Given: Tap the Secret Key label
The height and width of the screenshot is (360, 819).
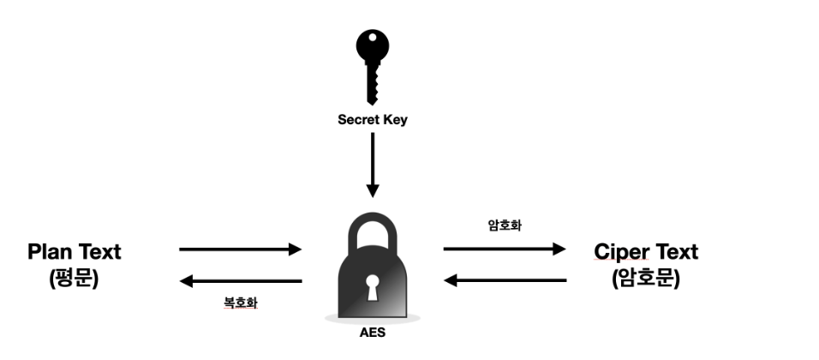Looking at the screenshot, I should [x=372, y=120].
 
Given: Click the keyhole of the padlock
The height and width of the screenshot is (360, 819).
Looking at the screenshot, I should [x=372, y=288].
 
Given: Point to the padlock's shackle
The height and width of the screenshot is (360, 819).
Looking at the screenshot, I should [x=372, y=231].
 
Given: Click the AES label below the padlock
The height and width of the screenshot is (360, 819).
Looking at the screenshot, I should [x=372, y=332].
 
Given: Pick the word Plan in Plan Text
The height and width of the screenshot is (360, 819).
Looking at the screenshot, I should [x=51, y=252].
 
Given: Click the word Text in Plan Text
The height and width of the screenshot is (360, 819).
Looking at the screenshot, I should [x=99, y=252].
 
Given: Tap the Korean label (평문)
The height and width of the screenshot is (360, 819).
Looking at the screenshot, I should [x=74, y=278].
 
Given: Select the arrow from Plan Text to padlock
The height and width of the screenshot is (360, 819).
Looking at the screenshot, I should [x=241, y=249].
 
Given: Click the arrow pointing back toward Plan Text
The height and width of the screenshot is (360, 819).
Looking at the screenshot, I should [x=241, y=280].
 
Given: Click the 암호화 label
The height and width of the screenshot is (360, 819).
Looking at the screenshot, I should [x=505, y=227].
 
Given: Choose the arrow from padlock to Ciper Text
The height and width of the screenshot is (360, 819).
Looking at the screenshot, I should [x=505, y=249].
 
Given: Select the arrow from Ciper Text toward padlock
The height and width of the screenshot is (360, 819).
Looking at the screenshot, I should [x=505, y=280].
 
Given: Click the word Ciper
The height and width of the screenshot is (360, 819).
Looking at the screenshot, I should [x=623, y=252].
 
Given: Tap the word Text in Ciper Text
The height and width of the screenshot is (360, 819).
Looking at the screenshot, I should [x=677, y=252].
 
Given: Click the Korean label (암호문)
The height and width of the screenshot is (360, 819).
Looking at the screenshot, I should [x=646, y=278].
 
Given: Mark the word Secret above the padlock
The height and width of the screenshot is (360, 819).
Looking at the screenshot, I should [x=356, y=120].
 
